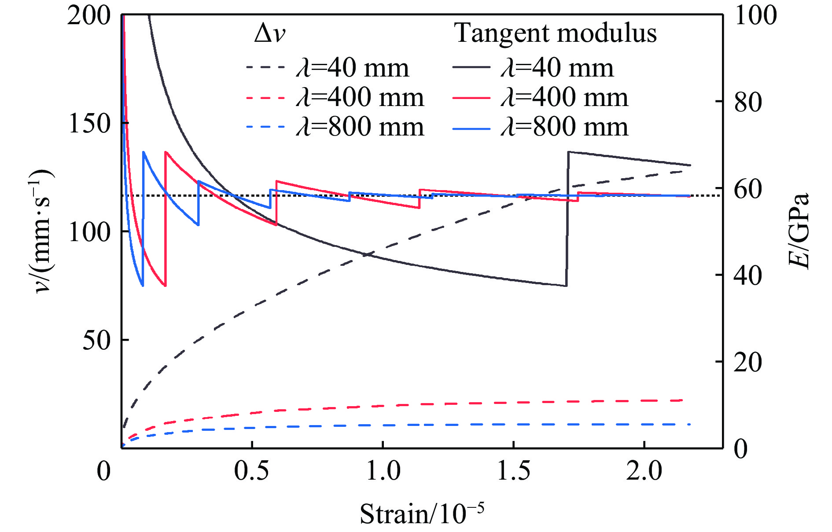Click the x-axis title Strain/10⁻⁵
point(422,513)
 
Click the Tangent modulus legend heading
point(556,33)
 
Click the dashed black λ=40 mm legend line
point(265,67)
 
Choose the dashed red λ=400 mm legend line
point(265,97)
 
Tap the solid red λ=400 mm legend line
point(471,97)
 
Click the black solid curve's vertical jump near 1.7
point(567,220)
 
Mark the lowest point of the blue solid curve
point(143,286)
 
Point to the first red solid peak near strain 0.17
point(166,152)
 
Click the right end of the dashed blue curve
point(689,424)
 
